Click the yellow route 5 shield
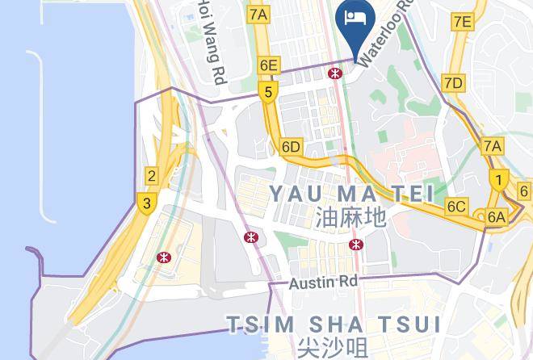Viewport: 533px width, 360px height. click(x=267, y=92)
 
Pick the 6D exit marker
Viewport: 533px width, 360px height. click(x=292, y=147)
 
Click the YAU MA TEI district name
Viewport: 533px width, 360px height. click(x=350, y=193)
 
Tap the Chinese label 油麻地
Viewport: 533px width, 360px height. click(x=350, y=217)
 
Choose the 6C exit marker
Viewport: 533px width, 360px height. click(x=456, y=207)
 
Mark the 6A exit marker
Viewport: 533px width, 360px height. click(x=495, y=216)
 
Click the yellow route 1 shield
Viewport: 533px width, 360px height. click(x=500, y=181)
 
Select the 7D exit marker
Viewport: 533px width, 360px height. click(x=453, y=83)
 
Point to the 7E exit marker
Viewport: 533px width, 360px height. click(x=462, y=22)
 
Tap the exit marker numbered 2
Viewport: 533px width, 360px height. click(x=151, y=176)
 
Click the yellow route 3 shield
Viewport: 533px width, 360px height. click(x=146, y=203)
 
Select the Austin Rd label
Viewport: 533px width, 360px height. click(x=324, y=282)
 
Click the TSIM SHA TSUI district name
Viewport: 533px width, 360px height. click(x=334, y=324)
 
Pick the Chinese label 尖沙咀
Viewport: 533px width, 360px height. click(x=333, y=348)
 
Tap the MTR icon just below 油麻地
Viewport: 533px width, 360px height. click(x=355, y=244)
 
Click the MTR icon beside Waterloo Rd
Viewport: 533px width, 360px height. click(x=334, y=73)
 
